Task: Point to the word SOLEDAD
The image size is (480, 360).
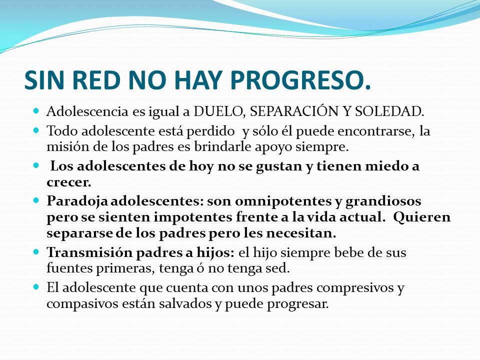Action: (x=389, y=111)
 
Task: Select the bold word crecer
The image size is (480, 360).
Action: (x=69, y=183)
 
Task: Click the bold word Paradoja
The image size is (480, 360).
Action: (x=77, y=201)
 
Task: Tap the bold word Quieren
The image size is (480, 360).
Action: (x=422, y=217)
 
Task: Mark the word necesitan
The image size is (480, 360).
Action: (x=301, y=233)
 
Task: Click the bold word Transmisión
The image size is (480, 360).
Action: (x=89, y=252)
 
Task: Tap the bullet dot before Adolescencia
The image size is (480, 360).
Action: (x=36, y=110)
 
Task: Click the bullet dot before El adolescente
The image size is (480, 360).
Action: (x=36, y=287)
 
